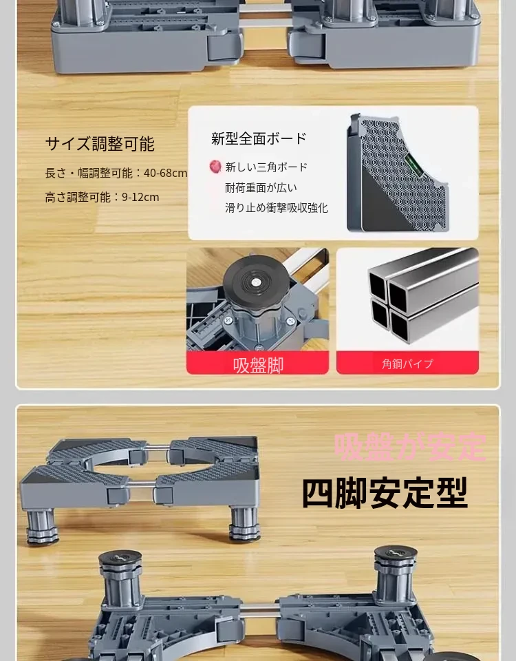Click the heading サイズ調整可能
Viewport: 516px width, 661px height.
100,144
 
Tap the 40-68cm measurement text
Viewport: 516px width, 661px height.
166,173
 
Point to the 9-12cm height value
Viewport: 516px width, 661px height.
140,197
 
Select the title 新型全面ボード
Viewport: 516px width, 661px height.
259,138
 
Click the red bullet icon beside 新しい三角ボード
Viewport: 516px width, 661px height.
215,167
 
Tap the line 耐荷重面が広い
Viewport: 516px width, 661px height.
261,187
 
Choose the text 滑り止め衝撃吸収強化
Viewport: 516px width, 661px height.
277,208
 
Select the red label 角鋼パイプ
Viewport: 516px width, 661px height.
407,364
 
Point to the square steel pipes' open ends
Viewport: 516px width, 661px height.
387,300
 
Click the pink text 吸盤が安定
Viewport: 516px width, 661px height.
409,446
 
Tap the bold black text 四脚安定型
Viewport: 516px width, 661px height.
385,493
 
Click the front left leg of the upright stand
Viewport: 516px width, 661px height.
42,526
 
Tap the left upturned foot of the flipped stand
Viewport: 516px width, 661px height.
120,580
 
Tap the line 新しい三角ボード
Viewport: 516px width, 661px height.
267,167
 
